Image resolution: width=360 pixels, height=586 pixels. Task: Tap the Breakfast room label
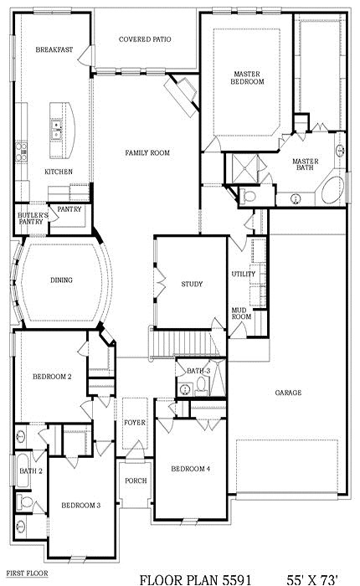point(54,50)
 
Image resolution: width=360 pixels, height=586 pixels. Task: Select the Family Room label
point(147,153)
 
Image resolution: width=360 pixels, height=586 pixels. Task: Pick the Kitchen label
point(58,172)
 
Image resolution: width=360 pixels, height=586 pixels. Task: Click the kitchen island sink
point(56,128)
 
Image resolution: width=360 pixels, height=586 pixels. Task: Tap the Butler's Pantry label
point(32,220)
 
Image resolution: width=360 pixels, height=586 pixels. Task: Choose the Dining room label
point(60,280)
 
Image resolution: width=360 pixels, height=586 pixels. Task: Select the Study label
point(192,285)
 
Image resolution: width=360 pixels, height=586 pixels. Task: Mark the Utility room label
point(243,275)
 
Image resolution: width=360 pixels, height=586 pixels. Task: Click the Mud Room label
point(242,314)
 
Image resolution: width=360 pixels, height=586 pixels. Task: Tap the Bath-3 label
point(198,370)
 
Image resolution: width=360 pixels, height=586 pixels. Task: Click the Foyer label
point(136,423)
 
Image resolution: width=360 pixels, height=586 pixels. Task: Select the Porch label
point(136,481)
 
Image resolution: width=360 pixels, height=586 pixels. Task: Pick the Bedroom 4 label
point(192,468)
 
